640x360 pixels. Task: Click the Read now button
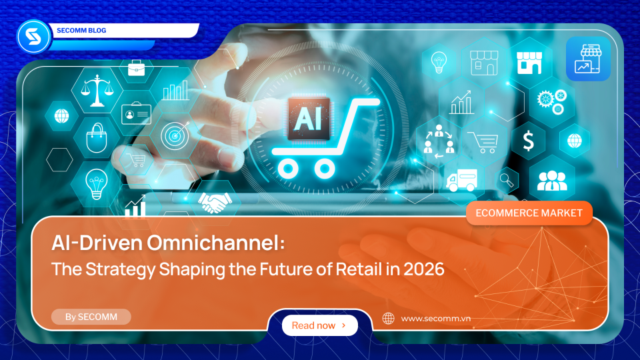pos(319,325)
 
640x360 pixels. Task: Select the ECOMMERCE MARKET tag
pos(529,213)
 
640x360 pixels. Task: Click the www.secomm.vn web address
pos(437,319)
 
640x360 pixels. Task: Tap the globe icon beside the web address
pos(388,319)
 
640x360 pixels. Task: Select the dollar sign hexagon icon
pos(528,141)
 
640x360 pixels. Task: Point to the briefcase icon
pos(137,67)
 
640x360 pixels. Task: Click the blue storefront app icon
pos(587,59)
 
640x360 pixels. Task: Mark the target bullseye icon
pos(172,136)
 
